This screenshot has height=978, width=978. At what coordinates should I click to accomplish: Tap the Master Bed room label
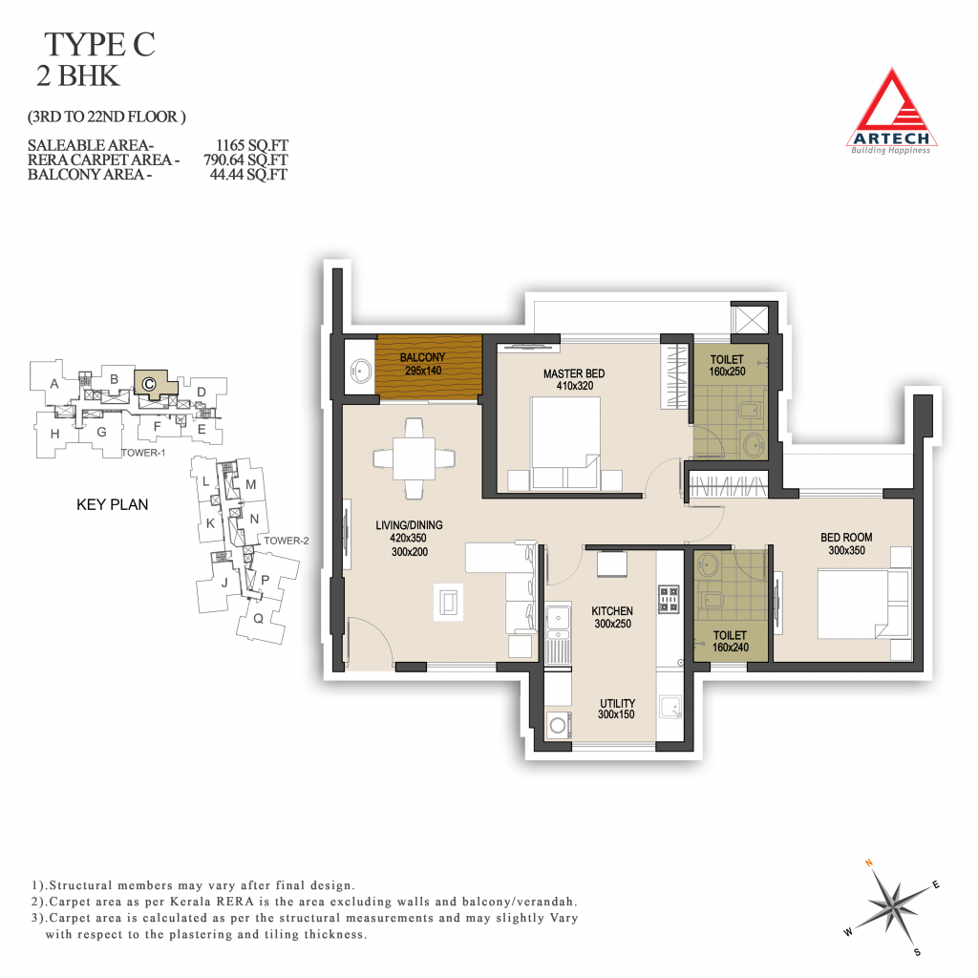pyautogui.click(x=574, y=373)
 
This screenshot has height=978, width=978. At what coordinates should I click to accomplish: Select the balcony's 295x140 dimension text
pyautogui.click(x=423, y=371)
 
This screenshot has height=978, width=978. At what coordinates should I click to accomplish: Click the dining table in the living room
pyautogui.click(x=415, y=458)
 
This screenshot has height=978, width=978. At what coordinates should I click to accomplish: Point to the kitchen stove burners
pyautogui.click(x=669, y=599)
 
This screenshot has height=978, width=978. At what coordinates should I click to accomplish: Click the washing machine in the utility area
pyautogui.click(x=558, y=726)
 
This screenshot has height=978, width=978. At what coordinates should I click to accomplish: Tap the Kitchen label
pyautogui.click(x=612, y=611)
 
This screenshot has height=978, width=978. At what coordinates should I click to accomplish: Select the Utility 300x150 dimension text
pyautogui.click(x=616, y=714)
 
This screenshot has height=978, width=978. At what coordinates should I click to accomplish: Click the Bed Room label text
pyautogui.click(x=846, y=537)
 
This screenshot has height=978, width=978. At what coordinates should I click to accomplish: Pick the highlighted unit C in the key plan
pyautogui.click(x=150, y=383)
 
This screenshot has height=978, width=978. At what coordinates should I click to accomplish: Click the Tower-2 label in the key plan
pyautogui.click(x=287, y=541)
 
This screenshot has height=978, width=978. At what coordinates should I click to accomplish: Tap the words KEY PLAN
pyautogui.click(x=113, y=504)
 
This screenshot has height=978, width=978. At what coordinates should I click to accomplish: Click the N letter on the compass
pyautogui.click(x=869, y=863)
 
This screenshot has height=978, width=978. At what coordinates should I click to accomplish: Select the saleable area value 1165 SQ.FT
pyautogui.click(x=252, y=145)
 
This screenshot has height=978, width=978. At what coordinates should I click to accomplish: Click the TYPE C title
pyautogui.click(x=99, y=45)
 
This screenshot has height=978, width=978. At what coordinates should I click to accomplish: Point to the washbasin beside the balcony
pyautogui.click(x=361, y=370)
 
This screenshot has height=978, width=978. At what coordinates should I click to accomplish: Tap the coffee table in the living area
pyautogui.click(x=449, y=603)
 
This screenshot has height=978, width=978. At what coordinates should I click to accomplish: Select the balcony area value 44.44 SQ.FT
pyautogui.click(x=248, y=175)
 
